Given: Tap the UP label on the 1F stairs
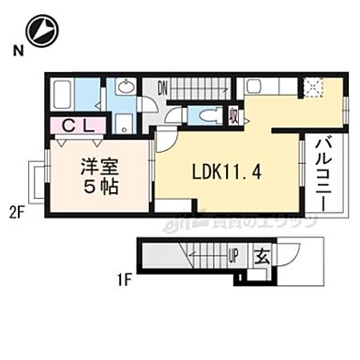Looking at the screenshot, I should point(233,254).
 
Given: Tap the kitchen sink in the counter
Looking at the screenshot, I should point(259,86).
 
